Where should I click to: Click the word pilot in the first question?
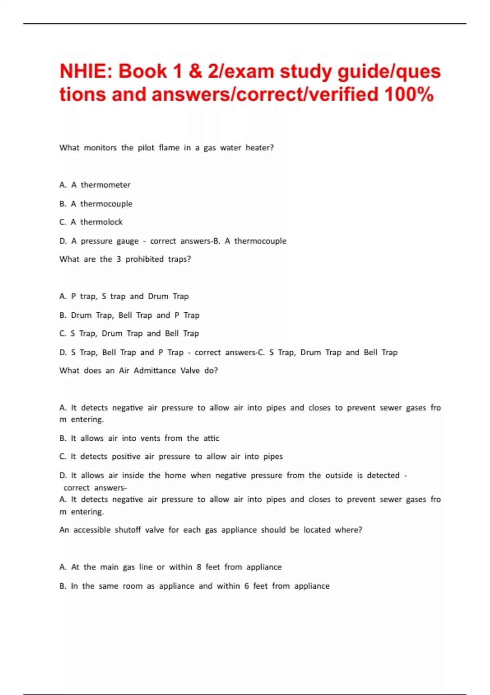tap(146, 148)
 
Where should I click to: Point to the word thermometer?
tap(105, 185)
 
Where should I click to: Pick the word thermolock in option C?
tap(101, 222)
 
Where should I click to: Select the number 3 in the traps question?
tap(118, 259)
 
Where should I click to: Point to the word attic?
tap(211, 438)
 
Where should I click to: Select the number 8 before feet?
tap(199, 567)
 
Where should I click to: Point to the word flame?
tap(169, 148)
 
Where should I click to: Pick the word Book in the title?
tap(143, 72)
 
